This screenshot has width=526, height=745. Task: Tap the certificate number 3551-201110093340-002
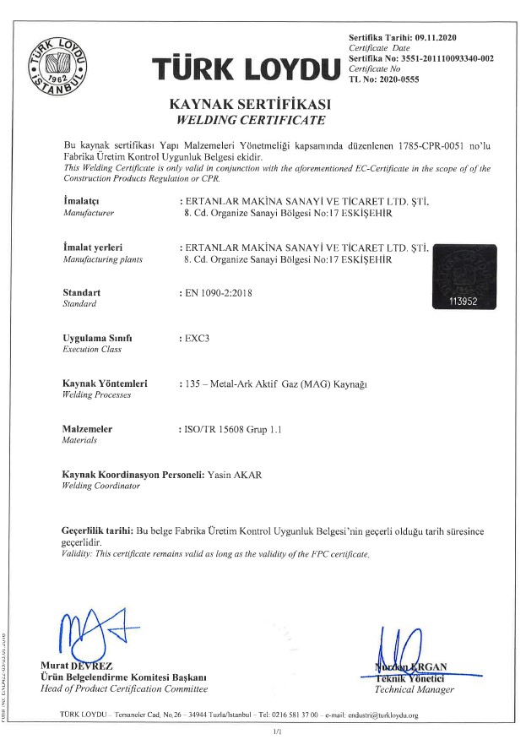click(x=444, y=58)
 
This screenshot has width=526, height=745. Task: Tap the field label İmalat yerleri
click(x=92, y=247)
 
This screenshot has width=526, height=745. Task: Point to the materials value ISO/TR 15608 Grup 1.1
click(x=232, y=429)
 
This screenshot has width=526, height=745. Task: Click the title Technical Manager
click(x=414, y=689)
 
